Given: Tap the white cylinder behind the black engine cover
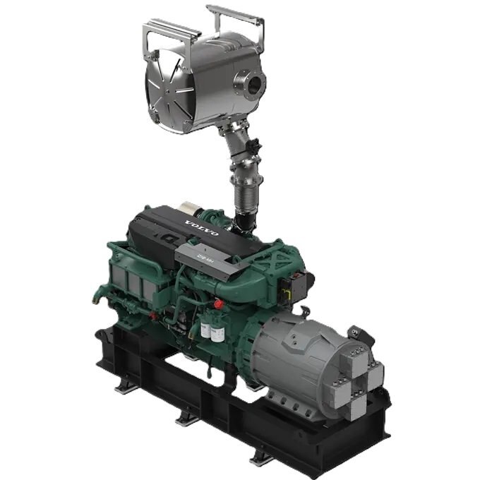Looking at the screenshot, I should pyautogui.click(x=190, y=209).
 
